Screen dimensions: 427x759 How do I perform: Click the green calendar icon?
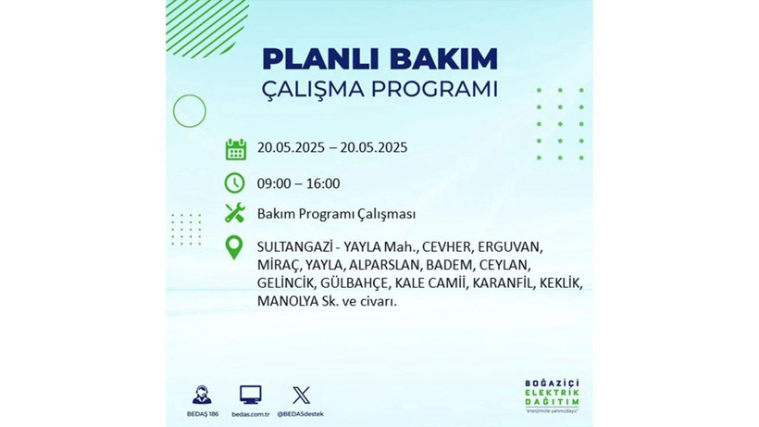coord(235,148)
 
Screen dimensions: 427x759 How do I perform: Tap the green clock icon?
coord(235,182)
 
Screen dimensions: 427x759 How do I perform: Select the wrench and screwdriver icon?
coord(235,214)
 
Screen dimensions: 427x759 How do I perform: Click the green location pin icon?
coord(235,247)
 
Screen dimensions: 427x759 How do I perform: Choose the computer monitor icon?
coord(250,394)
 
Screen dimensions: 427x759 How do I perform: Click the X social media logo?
coord(301,394)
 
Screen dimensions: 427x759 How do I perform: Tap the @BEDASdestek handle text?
coord(301,413)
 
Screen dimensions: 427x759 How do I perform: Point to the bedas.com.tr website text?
coord(250,413)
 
